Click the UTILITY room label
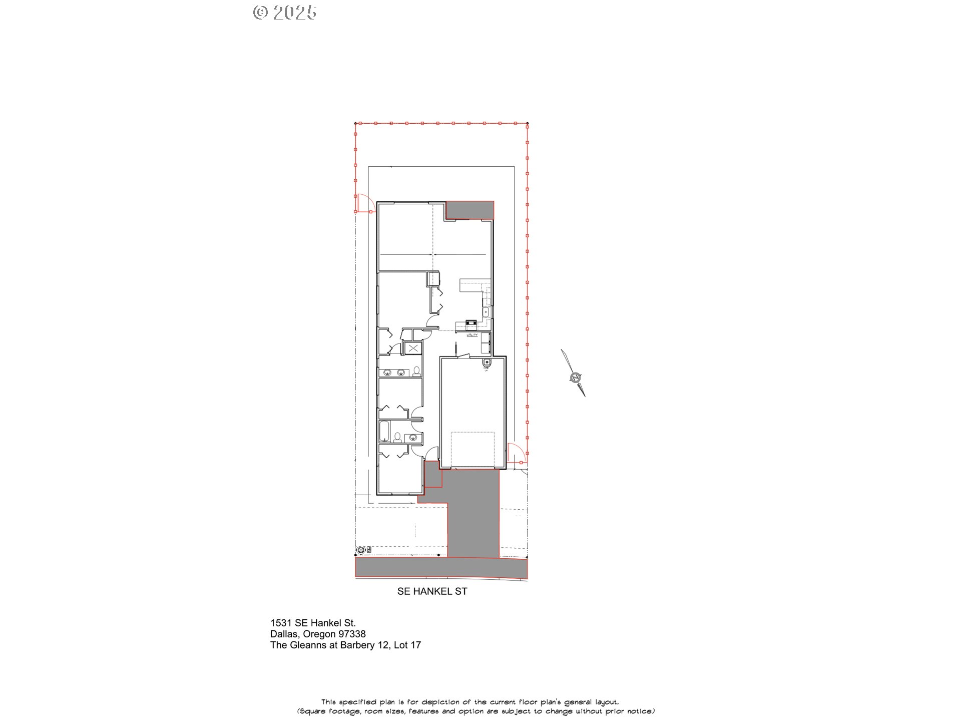[x=472, y=335]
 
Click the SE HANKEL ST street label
[x=432, y=591]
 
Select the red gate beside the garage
[x=516, y=453]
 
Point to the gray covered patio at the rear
[x=469, y=210]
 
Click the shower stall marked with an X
[x=413, y=348]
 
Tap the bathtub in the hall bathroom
[x=384, y=432]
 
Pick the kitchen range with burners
[x=470, y=323]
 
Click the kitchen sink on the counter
[x=485, y=312]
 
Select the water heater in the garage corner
[x=487, y=363]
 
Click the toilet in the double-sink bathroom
[x=416, y=371]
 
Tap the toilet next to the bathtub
[x=397, y=437]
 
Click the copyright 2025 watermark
[x=285, y=13]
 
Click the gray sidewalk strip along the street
[x=441, y=568]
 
